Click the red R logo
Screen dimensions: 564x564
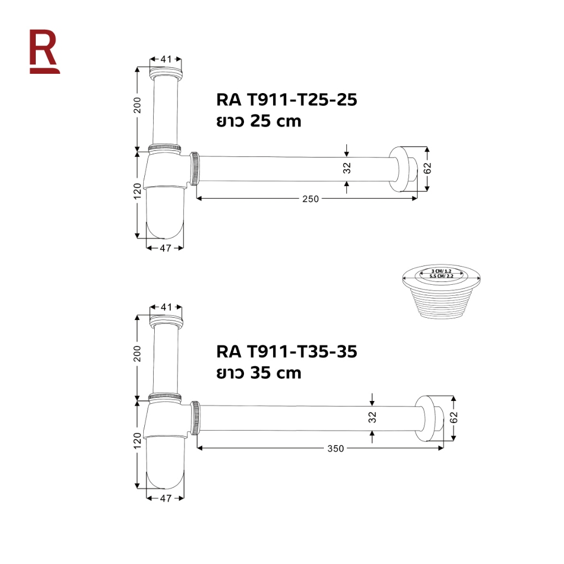point(44,51)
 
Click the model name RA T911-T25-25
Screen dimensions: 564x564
point(286,100)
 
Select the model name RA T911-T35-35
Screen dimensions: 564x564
point(286,351)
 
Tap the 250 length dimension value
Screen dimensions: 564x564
point(311,199)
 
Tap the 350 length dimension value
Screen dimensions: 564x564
point(335,448)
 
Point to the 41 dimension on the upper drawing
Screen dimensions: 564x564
point(166,59)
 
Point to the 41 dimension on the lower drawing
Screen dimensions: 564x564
point(166,307)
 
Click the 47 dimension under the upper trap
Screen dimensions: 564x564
point(165,248)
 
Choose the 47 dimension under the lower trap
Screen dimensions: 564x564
point(165,498)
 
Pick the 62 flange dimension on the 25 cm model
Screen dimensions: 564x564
point(427,168)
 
